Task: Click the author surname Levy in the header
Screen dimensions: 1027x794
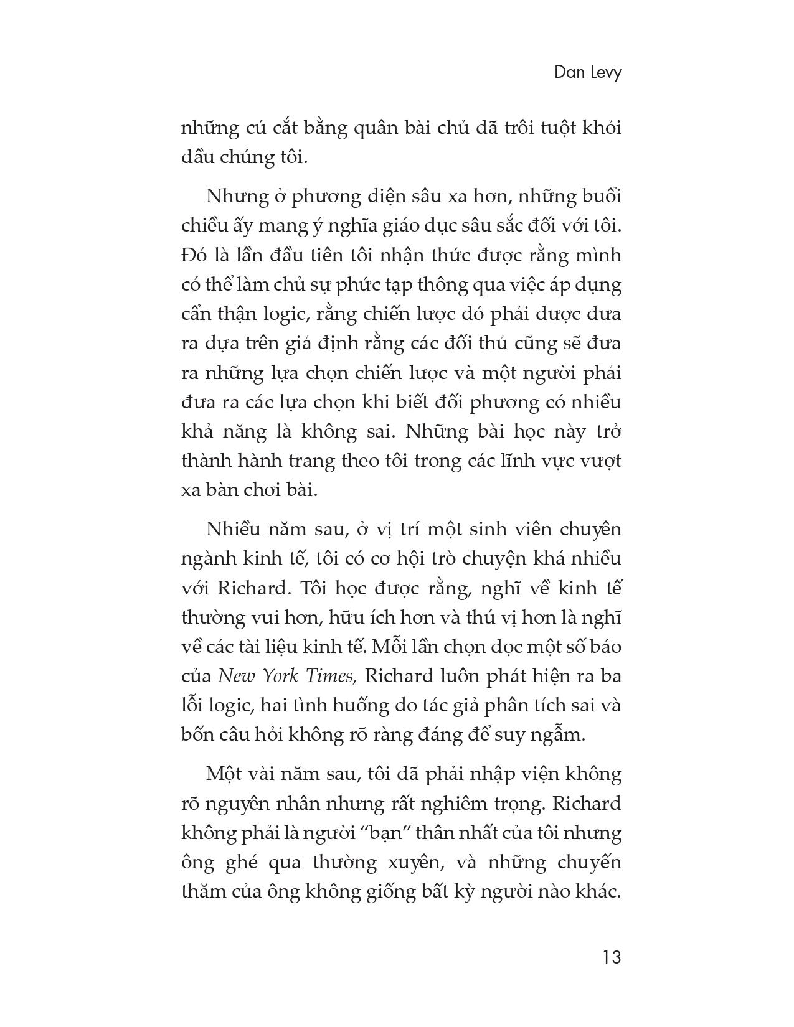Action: point(603,73)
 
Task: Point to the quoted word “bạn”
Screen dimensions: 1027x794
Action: point(380,833)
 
